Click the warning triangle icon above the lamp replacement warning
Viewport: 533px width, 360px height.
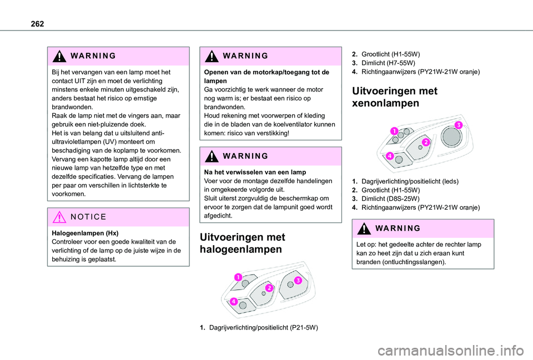59,56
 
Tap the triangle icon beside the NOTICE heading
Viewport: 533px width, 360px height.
59,217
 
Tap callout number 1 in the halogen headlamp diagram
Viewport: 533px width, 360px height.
237,277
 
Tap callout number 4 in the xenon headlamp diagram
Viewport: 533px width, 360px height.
391,156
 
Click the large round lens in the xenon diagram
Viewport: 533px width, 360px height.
450,134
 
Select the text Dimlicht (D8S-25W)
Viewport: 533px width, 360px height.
390,198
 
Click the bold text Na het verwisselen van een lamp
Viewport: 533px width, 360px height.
252,172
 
